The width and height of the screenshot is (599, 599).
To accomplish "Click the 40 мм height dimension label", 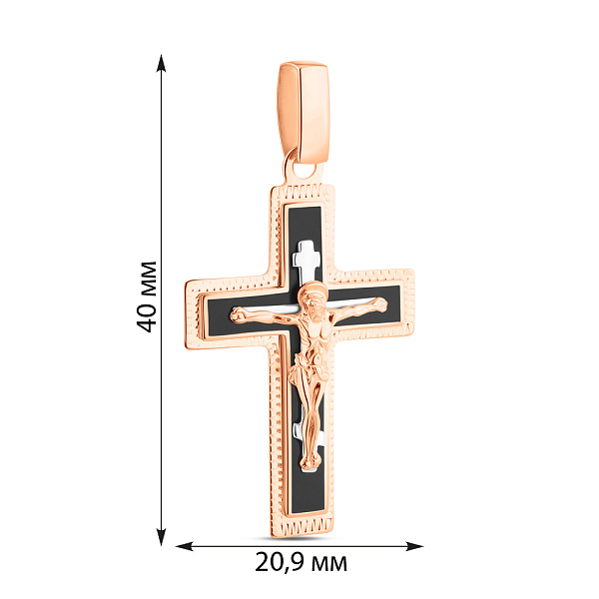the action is pos(147,297).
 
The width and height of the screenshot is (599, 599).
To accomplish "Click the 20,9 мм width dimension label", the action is pos(301,563).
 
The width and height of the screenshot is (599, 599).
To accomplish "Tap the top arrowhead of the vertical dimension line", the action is pos(162,64).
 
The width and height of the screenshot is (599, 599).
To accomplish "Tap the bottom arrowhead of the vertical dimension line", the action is pos(162,536).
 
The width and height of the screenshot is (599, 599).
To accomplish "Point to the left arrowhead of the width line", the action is pos(185,546).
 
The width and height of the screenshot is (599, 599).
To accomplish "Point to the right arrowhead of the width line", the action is pos(414,546).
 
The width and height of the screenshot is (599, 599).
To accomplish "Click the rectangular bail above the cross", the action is pos(303,112).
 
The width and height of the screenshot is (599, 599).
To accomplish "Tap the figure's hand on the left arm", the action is pos(238,314).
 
